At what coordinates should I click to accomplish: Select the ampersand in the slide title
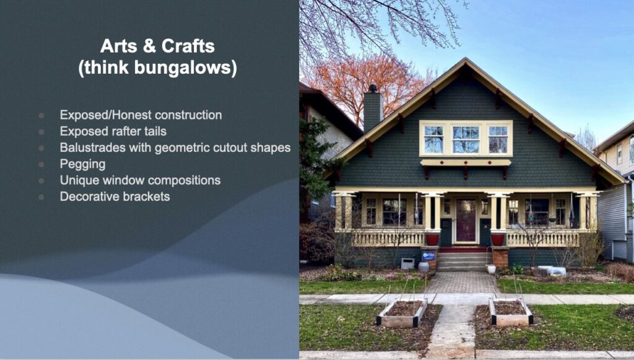pos(149,46)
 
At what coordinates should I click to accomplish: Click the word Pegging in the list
pos(82,164)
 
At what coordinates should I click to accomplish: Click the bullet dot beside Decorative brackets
pos(41,197)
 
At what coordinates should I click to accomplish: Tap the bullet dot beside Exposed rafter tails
pos(41,132)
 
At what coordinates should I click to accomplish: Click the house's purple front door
pos(466,220)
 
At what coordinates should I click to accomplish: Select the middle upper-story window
pos(466,139)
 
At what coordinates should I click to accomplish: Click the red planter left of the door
pos(432,239)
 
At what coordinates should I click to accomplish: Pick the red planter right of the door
pos(498,239)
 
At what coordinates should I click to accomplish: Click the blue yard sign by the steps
pos(428,256)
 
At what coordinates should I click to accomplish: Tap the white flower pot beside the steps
pos(491,268)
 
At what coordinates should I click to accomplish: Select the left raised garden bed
pos(402,313)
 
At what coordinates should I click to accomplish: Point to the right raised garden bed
pos(511,312)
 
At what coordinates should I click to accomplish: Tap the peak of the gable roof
pos(466,59)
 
